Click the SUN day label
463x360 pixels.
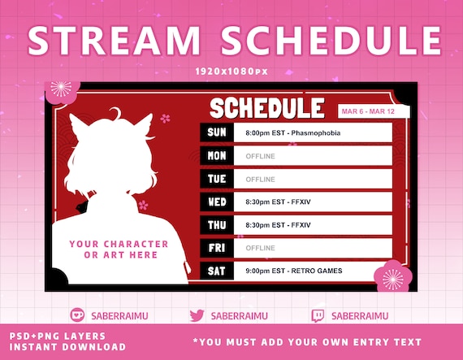click(x=217, y=132)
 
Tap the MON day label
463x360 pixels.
click(x=217, y=156)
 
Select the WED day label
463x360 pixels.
click(x=217, y=202)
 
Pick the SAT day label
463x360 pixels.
click(x=216, y=271)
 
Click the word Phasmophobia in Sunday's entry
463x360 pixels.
click(x=316, y=133)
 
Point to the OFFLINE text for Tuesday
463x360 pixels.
click(x=260, y=180)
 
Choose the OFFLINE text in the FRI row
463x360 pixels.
click(x=260, y=248)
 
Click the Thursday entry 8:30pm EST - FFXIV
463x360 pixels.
click(x=278, y=225)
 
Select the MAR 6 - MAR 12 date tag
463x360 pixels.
click(x=368, y=111)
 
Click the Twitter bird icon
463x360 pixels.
click(x=197, y=315)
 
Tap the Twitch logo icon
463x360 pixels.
click(x=318, y=315)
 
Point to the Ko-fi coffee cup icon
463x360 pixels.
click(x=77, y=314)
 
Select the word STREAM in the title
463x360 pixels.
click(x=114, y=41)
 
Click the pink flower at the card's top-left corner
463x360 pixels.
click(x=62, y=91)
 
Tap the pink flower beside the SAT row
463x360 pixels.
click(x=392, y=278)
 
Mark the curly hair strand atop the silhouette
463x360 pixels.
click(x=115, y=114)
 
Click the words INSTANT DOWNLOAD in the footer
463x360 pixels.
click(x=67, y=347)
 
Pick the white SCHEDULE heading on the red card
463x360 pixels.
click(x=267, y=108)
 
